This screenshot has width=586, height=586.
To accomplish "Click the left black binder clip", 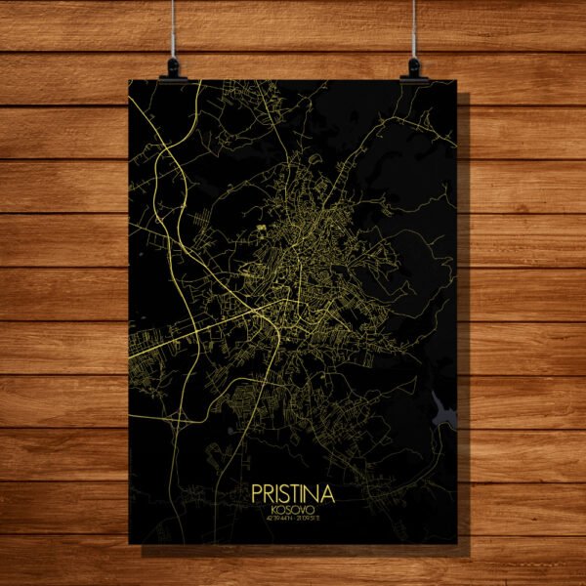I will (x=174, y=66).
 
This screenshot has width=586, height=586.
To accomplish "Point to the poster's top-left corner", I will (x=129, y=79).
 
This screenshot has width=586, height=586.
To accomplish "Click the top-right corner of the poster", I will (x=457, y=79).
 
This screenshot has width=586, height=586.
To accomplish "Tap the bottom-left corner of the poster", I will (x=129, y=543).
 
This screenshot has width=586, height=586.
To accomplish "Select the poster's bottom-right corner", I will (x=457, y=543).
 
